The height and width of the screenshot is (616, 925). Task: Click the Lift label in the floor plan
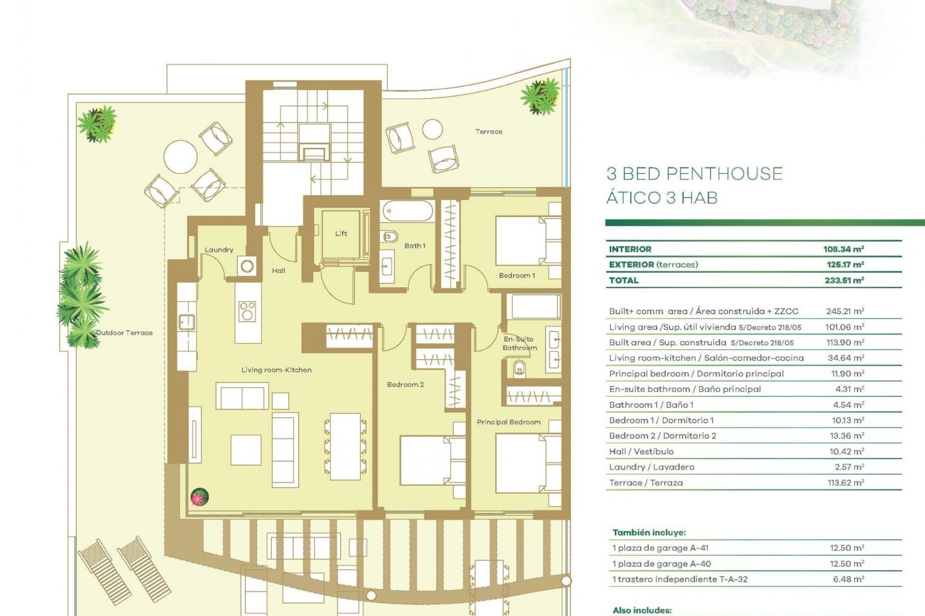point(341,233)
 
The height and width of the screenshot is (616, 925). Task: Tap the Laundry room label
point(219,250)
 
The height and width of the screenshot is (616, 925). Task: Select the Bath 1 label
point(415,246)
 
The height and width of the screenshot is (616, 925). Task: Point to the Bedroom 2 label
point(405,385)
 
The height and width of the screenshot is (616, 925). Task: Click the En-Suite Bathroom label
point(519,343)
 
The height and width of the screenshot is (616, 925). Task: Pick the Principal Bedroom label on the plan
point(508,422)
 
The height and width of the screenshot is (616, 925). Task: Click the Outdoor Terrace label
point(124,333)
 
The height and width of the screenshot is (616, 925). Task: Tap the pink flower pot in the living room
point(199,497)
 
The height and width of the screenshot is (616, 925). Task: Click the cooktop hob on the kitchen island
point(248,310)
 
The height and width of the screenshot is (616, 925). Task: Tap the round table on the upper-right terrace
point(432,129)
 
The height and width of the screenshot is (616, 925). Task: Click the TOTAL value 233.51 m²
point(844,281)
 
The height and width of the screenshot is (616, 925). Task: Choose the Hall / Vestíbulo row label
point(641,451)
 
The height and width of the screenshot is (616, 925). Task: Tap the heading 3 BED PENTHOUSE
point(694,174)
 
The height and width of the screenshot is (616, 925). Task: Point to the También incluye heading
point(649,533)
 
